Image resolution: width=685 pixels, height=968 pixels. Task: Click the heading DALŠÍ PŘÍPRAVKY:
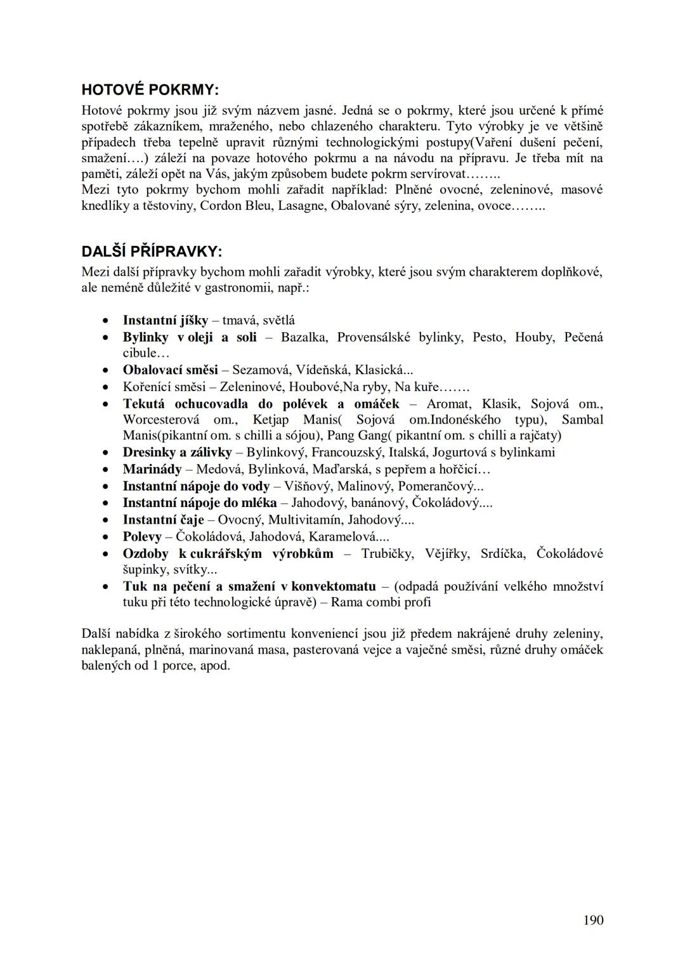coord(152,251)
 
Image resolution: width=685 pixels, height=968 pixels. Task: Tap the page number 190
coord(593,920)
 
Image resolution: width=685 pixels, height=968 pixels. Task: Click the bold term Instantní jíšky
coord(165,320)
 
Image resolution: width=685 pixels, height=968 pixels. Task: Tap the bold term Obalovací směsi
coord(170,370)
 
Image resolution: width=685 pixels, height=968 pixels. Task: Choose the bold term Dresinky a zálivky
coord(177,452)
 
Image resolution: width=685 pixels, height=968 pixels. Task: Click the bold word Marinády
coord(152,469)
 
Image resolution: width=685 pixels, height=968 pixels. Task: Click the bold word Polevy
coord(143,536)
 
